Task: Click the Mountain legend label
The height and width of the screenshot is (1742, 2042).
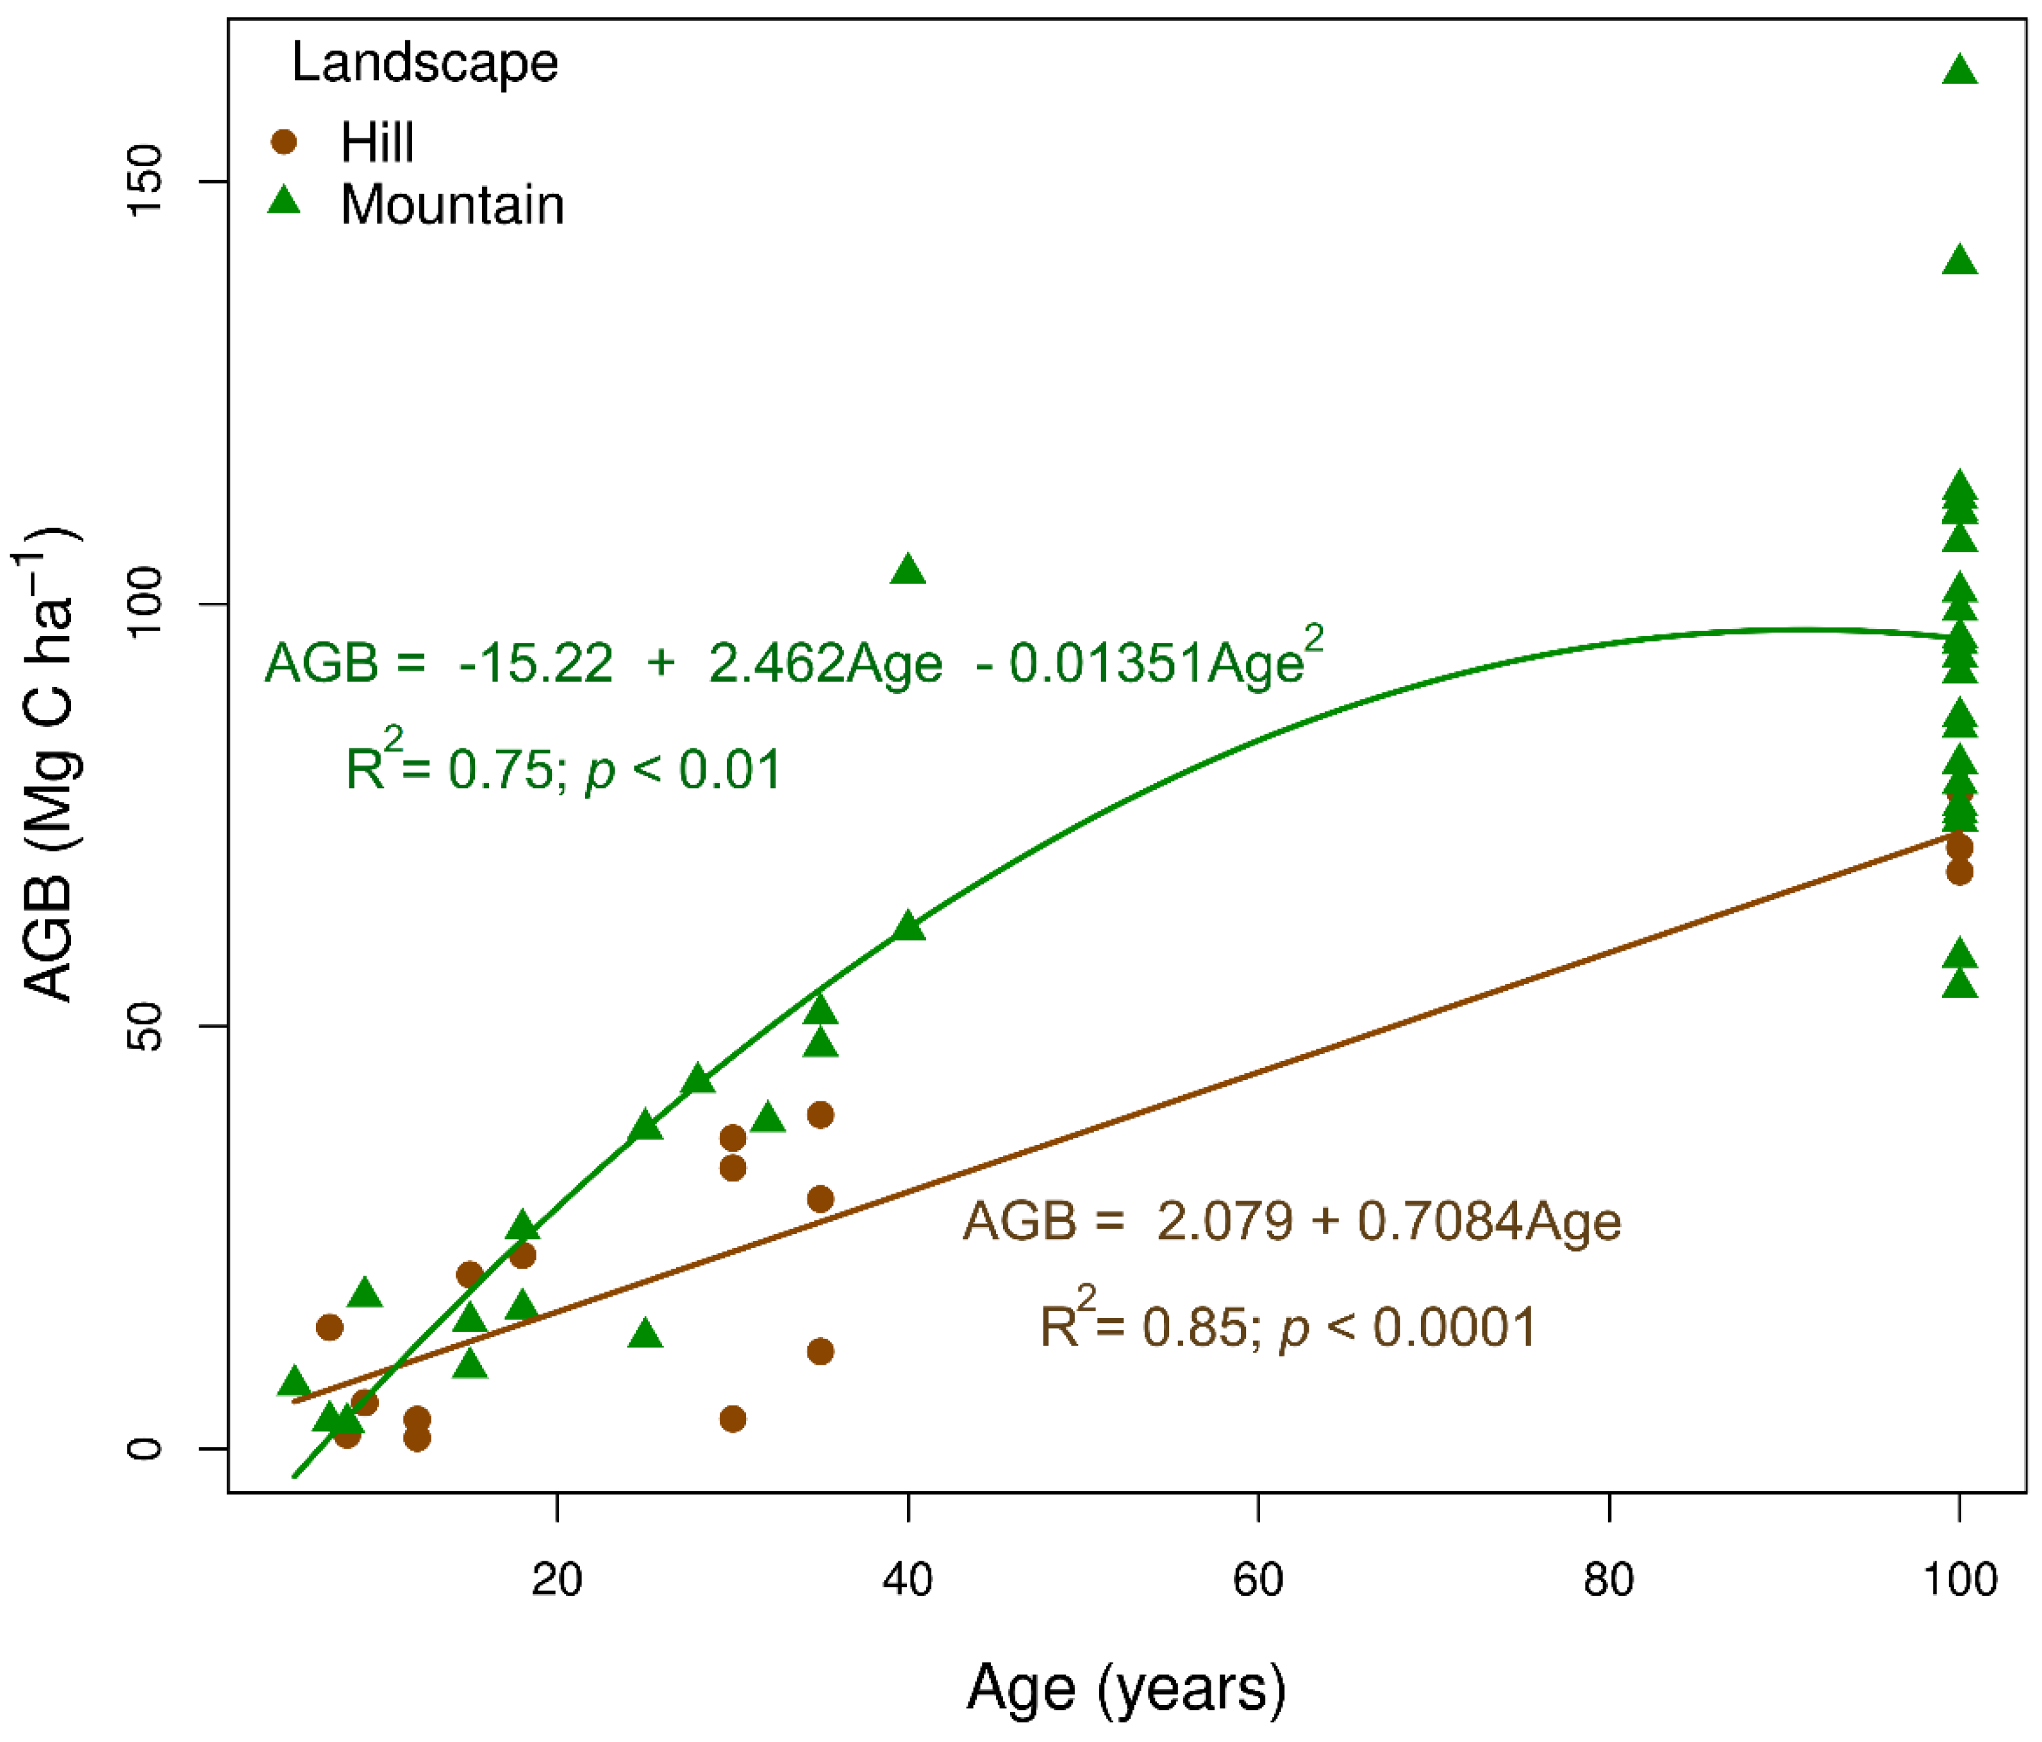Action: click(x=451, y=205)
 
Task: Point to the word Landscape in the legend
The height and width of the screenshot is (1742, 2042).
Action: click(x=425, y=62)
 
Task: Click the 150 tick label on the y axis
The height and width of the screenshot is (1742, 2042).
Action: click(x=145, y=181)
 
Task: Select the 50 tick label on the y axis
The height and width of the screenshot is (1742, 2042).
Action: click(x=145, y=1026)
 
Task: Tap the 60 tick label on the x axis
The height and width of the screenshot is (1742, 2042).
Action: click(x=1259, y=1579)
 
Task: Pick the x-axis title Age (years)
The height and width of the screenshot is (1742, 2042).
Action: click(x=1125, y=1687)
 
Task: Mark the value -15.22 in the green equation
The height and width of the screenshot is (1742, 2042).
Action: click(x=535, y=663)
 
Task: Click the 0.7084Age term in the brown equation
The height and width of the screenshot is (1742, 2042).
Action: click(x=1489, y=1222)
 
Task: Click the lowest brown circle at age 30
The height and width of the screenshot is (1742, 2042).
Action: click(x=732, y=1419)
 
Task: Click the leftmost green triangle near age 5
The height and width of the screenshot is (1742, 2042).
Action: click(x=294, y=1381)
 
